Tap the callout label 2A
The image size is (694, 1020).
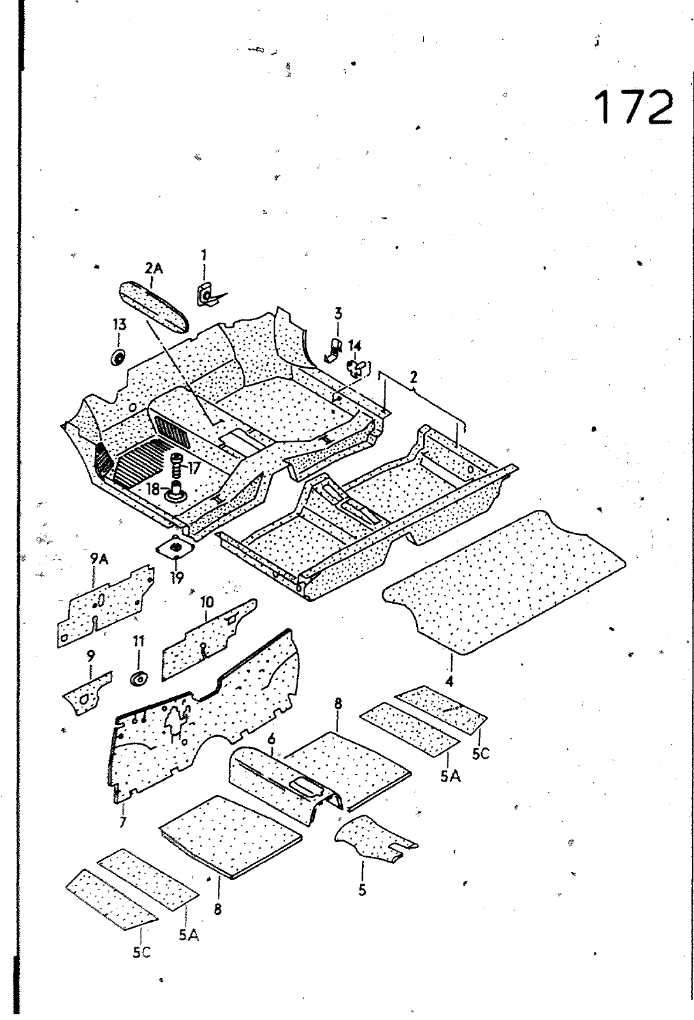[x=154, y=268]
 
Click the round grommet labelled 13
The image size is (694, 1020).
[x=118, y=356]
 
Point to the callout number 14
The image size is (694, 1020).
[x=355, y=346]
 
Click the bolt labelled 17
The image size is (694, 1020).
[x=177, y=467]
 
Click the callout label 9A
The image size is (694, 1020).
[x=99, y=560]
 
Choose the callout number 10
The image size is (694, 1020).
[x=207, y=602]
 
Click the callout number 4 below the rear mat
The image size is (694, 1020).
[x=449, y=681]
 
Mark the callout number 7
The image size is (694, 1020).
[x=122, y=822]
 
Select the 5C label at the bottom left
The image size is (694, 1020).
[x=141, y=952]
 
